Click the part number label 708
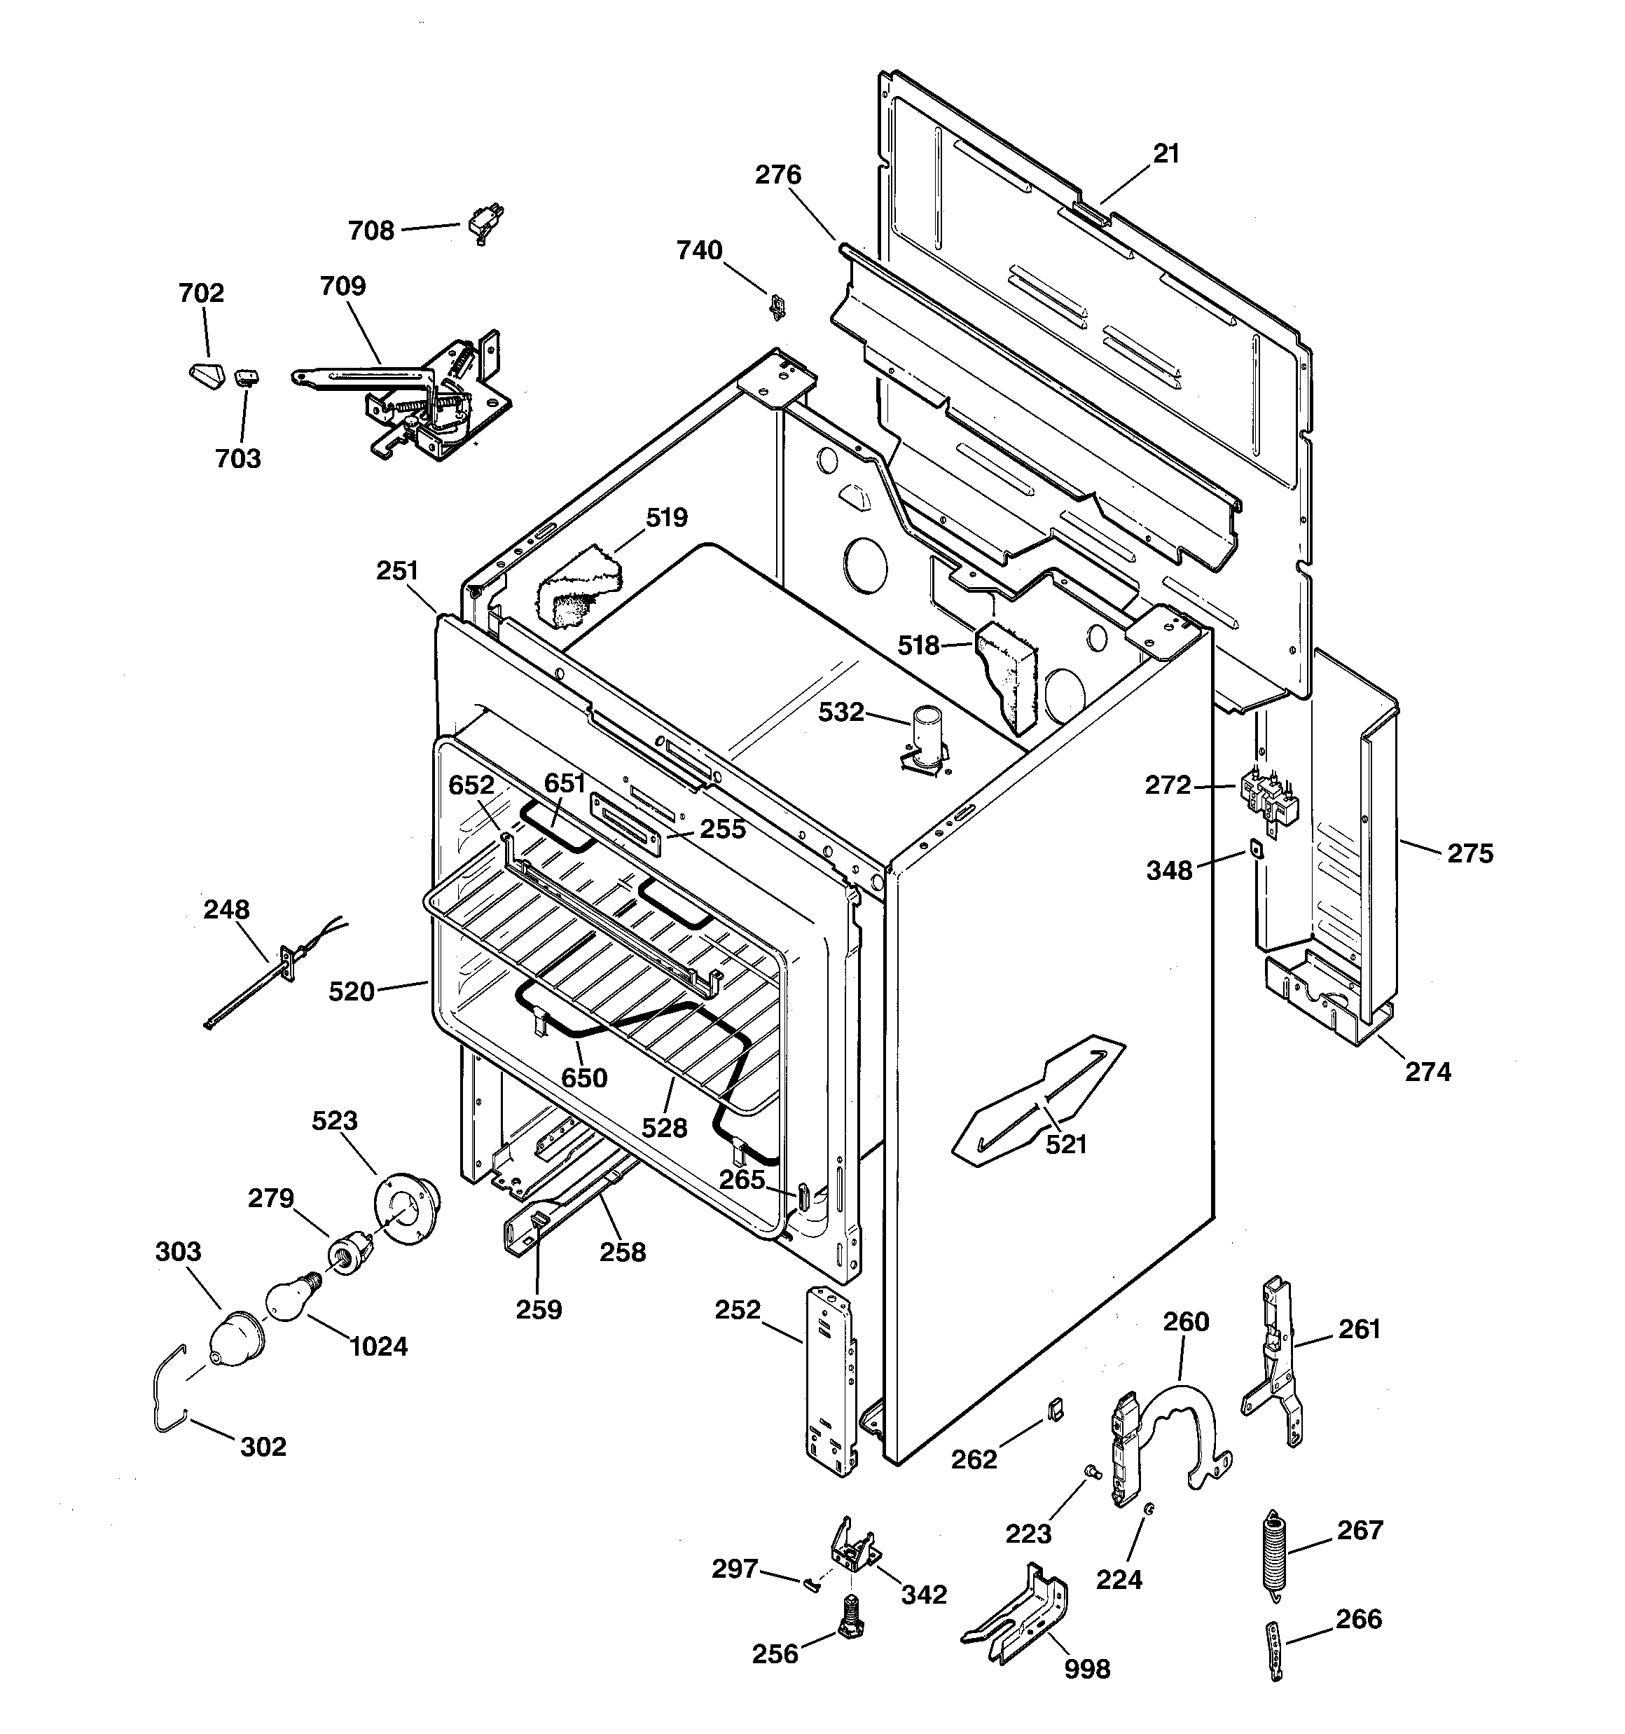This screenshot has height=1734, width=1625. point(371,231)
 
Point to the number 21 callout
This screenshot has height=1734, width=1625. point(1166,154)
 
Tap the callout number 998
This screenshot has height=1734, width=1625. point(1087,1670)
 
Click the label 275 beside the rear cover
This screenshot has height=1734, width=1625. point(1471,853)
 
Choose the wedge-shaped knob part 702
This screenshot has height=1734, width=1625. point(207,377)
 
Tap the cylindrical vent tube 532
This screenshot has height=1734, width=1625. point(924,738)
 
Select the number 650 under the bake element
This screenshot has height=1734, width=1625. point(583,1078)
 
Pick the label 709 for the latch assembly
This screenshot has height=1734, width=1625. point(343,286)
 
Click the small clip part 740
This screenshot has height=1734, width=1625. point(775,305)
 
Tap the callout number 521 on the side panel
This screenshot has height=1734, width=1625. point(1066,1144)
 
